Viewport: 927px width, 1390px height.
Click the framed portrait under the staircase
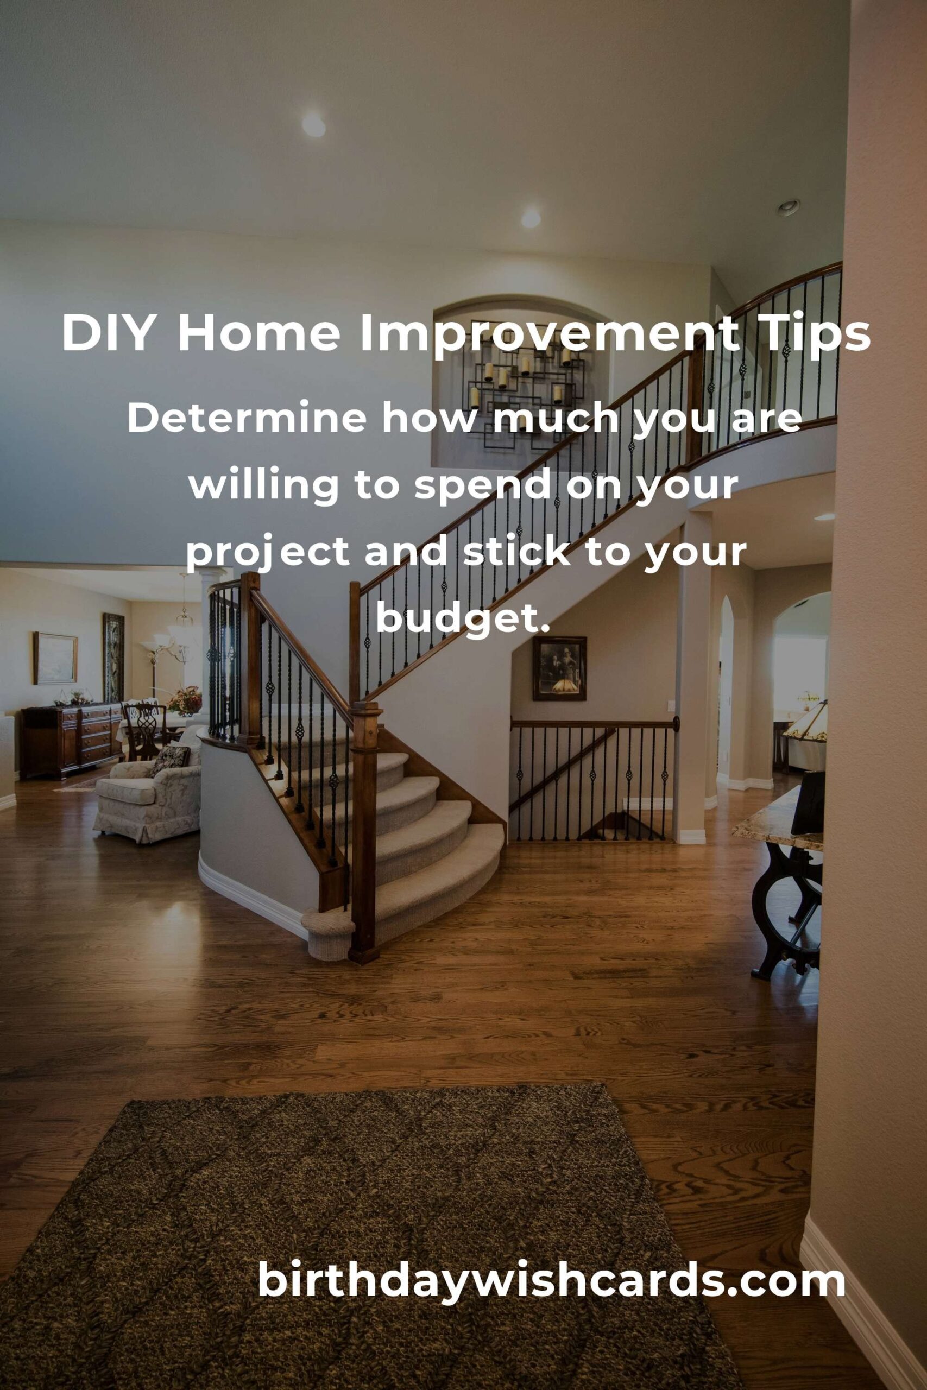pos(559,668)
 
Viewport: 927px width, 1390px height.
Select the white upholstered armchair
pos(148,794)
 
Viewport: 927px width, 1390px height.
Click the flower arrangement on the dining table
pos(185,700)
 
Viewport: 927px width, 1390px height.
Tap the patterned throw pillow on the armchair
pos(169,761)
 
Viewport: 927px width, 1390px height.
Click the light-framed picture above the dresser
pos(55,659)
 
